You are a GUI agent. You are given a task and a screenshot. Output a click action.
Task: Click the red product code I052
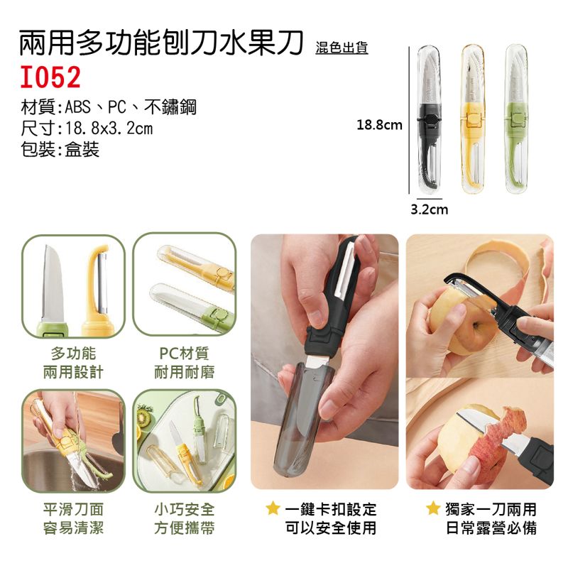50,77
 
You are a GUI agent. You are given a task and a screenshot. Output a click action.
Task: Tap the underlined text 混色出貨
342,48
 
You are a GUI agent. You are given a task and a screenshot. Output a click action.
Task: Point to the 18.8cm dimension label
379,125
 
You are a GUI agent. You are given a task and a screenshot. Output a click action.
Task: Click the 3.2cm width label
430,209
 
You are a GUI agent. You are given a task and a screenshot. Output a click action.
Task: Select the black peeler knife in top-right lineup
430,119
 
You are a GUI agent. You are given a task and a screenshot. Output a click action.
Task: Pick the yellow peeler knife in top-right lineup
474,119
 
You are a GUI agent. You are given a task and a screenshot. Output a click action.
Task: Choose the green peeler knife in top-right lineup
517,119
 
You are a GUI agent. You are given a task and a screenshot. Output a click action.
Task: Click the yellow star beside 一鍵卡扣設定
273,508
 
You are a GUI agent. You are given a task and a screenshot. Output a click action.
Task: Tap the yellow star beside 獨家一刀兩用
433,508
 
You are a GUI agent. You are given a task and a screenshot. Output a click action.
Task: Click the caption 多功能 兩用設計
73,363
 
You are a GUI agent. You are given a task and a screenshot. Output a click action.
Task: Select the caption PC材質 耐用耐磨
185,363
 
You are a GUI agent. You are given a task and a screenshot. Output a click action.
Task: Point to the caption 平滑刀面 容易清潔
73,519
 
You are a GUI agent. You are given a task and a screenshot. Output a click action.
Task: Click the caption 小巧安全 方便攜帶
185,519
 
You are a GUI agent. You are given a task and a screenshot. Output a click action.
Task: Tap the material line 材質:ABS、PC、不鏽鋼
109,107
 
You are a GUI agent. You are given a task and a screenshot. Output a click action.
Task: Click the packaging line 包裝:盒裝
60,149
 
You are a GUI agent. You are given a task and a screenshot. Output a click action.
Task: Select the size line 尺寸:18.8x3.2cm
87,129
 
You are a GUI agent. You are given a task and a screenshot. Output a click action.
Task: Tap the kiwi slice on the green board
144,417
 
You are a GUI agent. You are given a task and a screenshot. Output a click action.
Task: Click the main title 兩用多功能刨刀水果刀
161,43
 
